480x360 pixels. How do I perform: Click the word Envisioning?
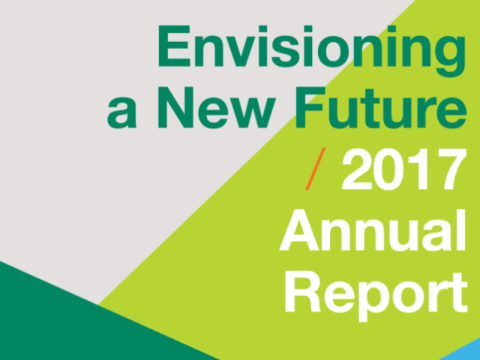click(x=312, y=51)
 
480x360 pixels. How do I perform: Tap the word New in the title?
click(x=217, y=107)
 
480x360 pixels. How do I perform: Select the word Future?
click(x=381, y=107)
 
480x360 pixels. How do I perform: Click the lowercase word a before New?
click(x=121, y=112)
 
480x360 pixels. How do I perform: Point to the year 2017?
click(x=404, y=169)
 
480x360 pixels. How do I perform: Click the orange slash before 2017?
click(x=315, y=169)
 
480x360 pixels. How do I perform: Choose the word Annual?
click(x=372, y=230)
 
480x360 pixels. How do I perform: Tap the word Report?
click(x=376, y=296)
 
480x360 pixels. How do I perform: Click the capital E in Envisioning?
click(x=174, y=46)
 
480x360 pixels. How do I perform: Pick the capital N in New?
click(x=175, y=107)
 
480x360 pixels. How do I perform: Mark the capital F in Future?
click(x=310, y=107)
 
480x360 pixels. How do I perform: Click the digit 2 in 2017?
click(x=357, y=169)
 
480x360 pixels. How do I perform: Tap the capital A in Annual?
click(x=299, y=230)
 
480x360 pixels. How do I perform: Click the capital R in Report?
click(x=303, y=292)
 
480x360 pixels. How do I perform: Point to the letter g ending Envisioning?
click(x=450, y=56)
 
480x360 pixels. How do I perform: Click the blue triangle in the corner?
click(x=462, y=351)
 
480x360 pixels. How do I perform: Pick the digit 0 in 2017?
click(x=388, y=169)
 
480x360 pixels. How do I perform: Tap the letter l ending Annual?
click(x=462, y=230)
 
